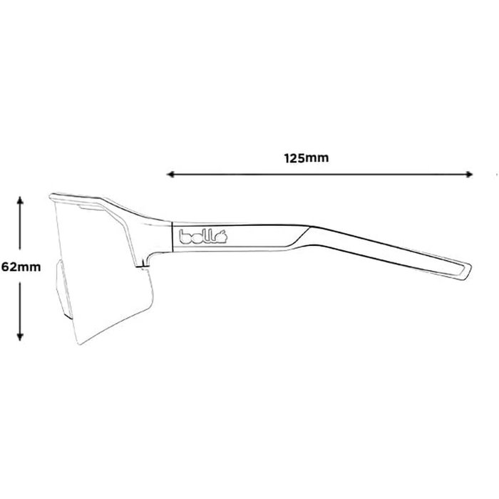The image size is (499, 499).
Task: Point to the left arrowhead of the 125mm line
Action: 170,173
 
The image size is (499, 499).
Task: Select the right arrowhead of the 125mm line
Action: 469,173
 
